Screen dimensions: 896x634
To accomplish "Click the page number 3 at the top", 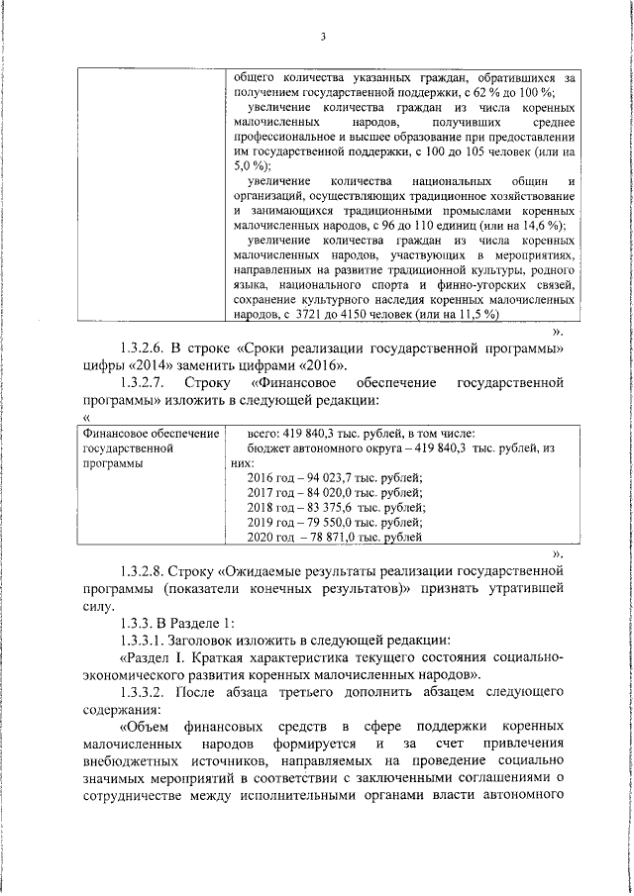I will pyautogui.click(x=323, y=38).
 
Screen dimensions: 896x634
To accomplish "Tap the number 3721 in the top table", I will pyautogui.click(x=309, y=314).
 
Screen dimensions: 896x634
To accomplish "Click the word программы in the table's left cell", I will pyautogui.click(x=114, y=461).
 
